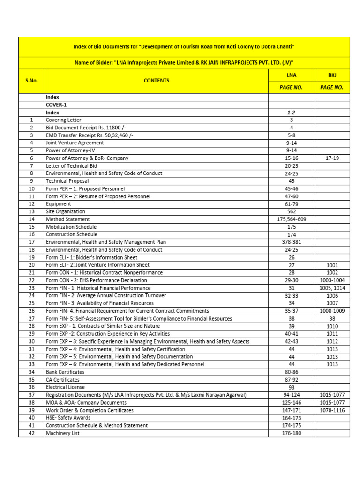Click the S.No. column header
(31, 81)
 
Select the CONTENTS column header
(157, 81)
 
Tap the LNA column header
(291, 75)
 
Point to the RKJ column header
(332, 75)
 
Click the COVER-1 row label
(56, 105)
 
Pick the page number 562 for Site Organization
(291, 211)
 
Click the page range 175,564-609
(291, 219)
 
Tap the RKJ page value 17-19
(332, 158)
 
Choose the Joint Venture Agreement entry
(75, 143)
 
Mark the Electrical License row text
(65, 387)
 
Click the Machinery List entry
(62, 433)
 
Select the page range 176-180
(291, 433)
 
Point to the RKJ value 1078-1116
(332, 410)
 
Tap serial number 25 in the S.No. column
(31, 303)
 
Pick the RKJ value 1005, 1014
(332, 288)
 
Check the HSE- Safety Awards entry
(68, 418)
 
